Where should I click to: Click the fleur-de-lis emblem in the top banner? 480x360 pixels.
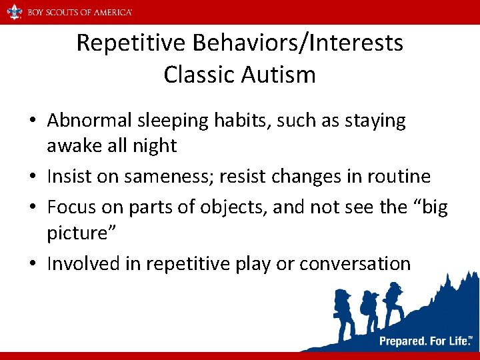(x=13, y=12)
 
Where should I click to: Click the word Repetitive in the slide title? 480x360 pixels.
(x=131, y=43)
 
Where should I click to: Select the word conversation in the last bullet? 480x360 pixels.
(x=355, y=264)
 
